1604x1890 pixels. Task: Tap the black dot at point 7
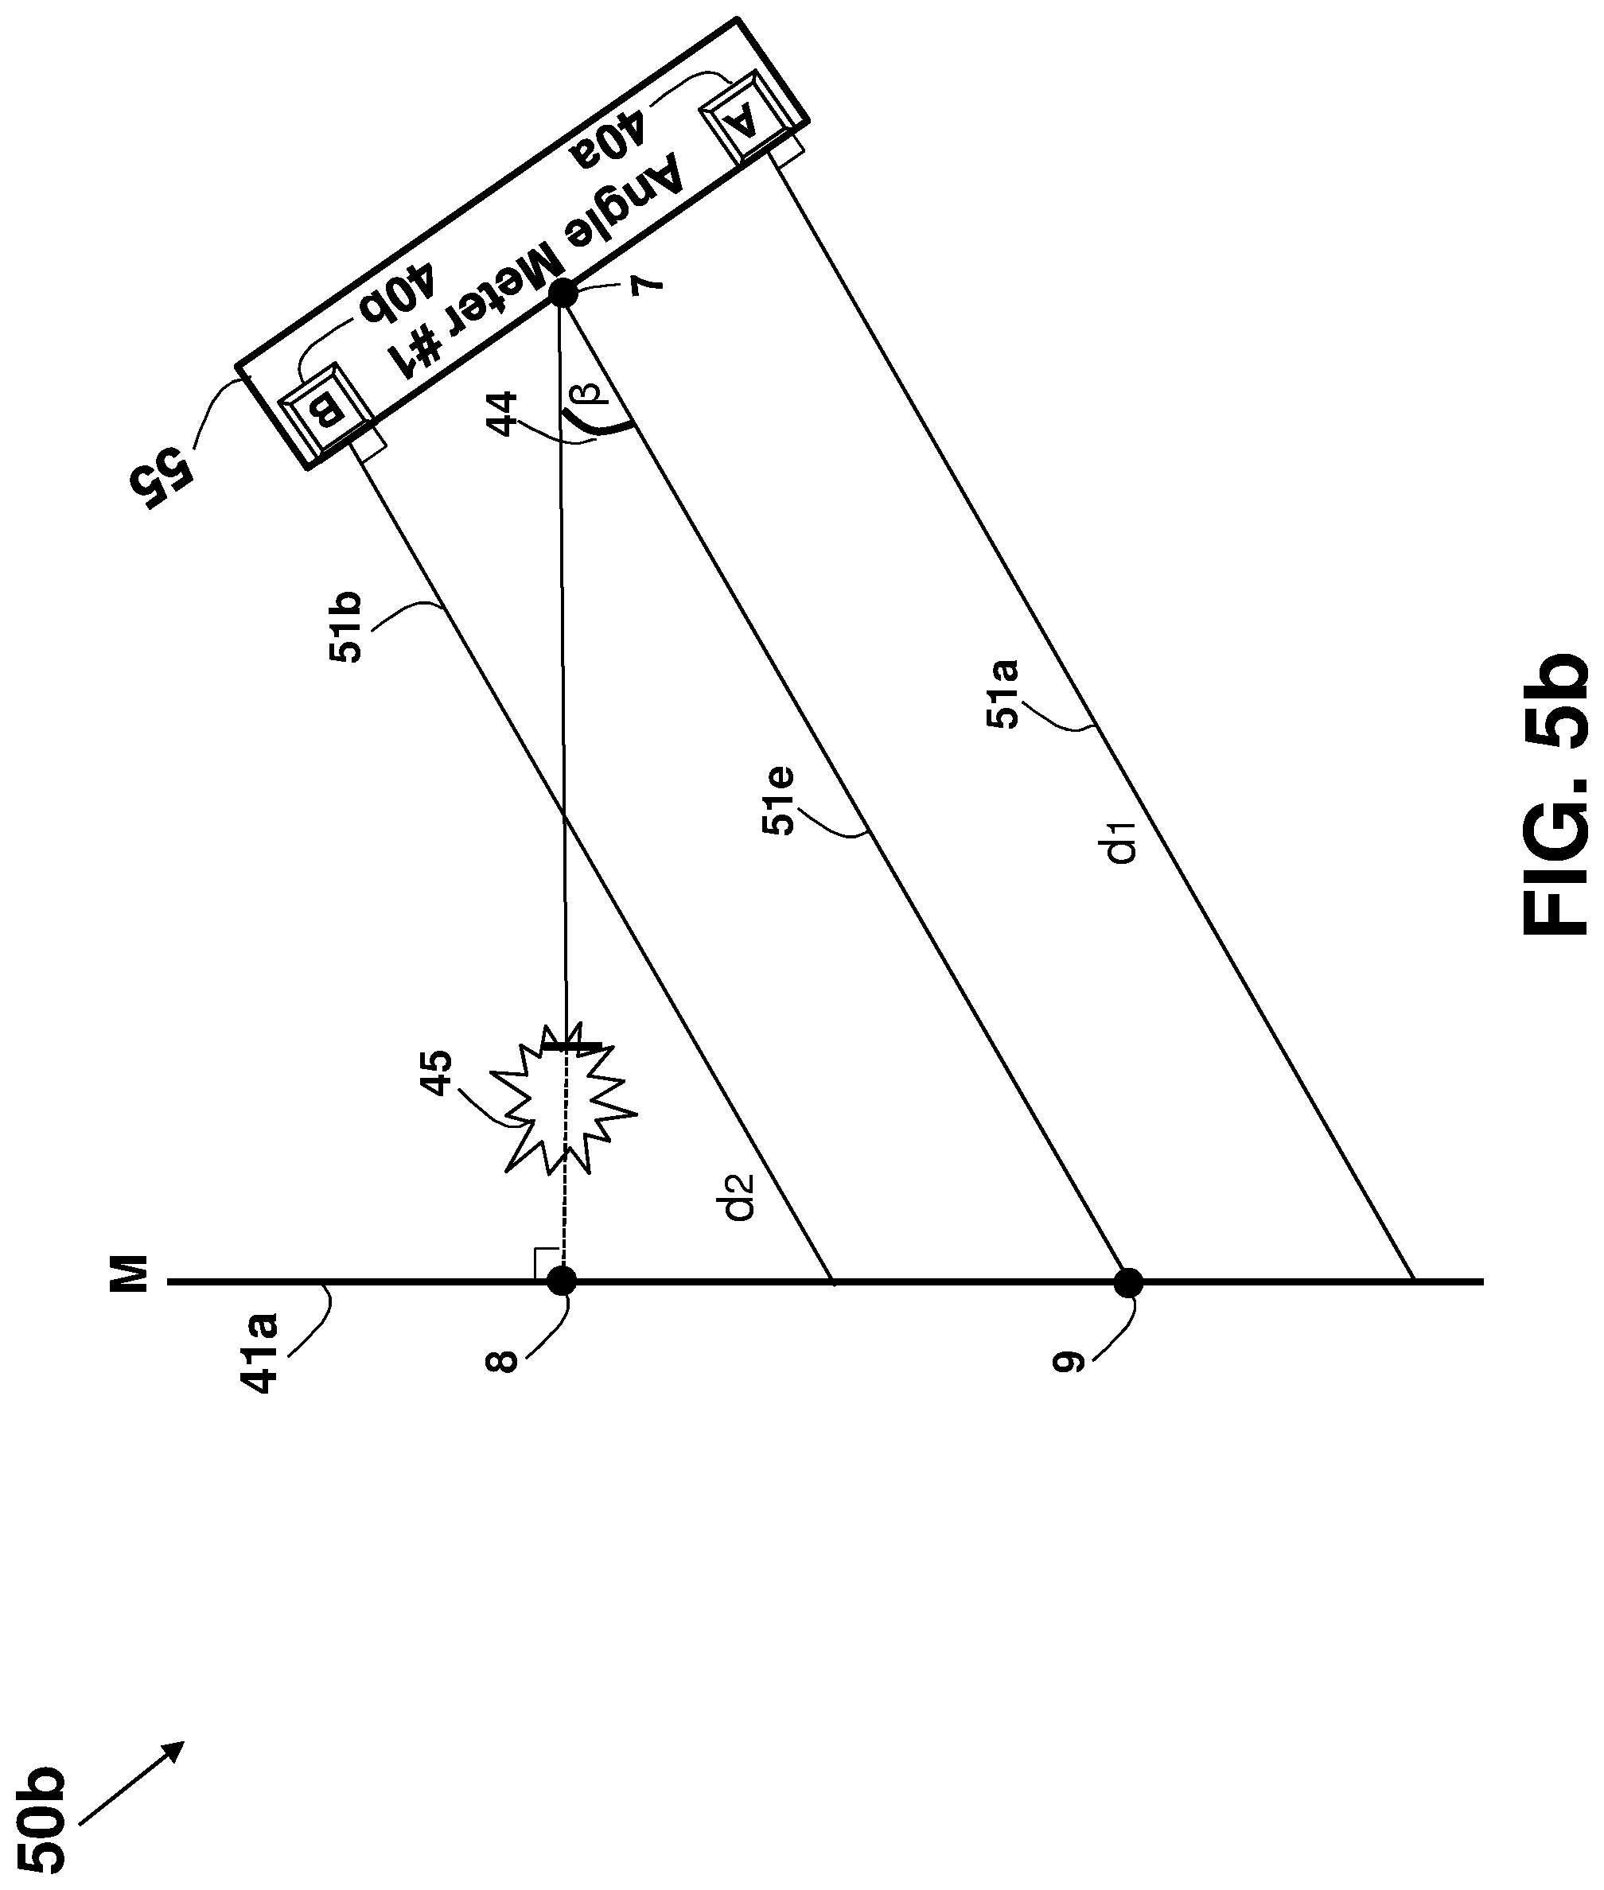click(562, 294)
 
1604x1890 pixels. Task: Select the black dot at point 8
click(562, 1281)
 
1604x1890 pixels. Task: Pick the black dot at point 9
click(1128, 1283)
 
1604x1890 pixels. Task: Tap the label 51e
click(778, 802)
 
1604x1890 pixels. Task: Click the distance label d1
click(1126, 842)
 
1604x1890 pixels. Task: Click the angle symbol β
click(590, 393)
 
